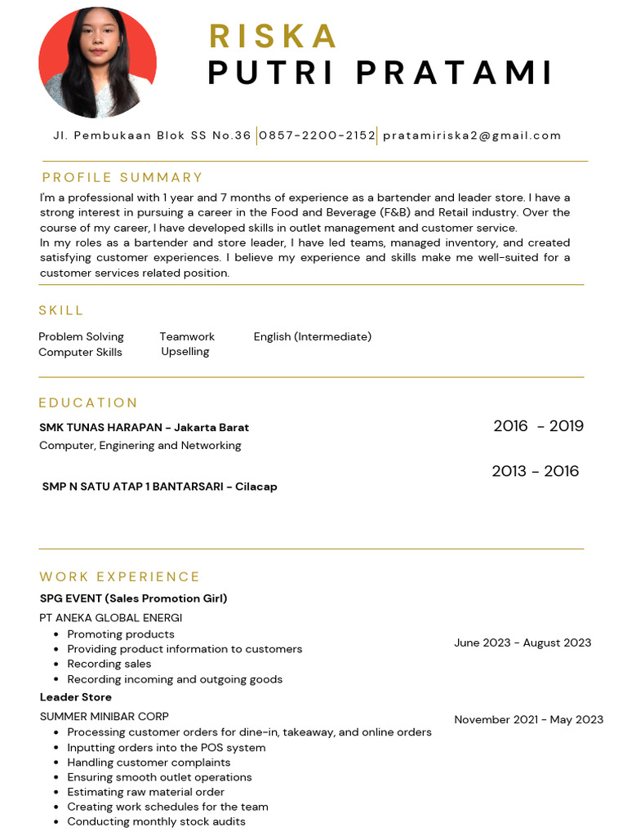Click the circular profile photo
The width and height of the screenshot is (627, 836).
tap(97, 63)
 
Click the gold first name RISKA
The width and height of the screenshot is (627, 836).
tap(273, 36)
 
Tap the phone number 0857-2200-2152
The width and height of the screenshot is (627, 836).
tap(317, 136)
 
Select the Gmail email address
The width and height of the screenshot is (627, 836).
tap(472, 136)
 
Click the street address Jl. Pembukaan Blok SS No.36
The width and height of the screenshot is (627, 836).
tap(152, 136)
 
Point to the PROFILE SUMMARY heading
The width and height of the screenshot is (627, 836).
tap(122, 177)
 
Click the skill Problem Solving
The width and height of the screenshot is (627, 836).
tap(81, 336)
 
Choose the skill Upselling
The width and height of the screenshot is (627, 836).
tap(185, 351)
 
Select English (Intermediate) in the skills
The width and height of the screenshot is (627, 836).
tap(313, 336)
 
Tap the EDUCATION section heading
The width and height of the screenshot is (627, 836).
tap(88, 402)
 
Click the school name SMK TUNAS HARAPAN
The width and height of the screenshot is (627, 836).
tap(100, 427)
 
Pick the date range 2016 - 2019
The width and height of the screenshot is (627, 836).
tap(538, 425)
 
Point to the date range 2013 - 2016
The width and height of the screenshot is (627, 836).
tap(535, 471)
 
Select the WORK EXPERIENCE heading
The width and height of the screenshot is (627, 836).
tap(119, 576)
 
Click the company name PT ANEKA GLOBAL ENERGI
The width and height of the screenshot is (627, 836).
tap(111, 618)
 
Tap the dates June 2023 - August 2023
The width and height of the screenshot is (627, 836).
tap(522, 643)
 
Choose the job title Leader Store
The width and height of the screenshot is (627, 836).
tap(76, 697)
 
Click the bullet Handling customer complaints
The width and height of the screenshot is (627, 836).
tap(149, 763)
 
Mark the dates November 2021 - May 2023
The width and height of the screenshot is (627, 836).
tap(528, 719)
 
